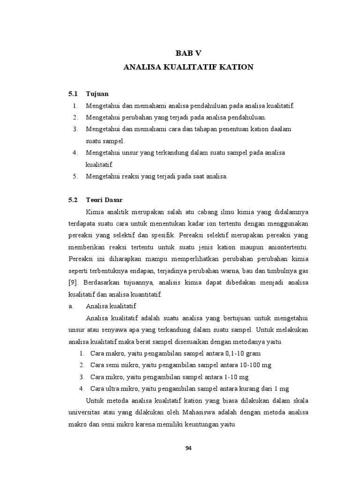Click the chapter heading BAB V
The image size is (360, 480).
click(188, 52)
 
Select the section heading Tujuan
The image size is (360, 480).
click(97, 94)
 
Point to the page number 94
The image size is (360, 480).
click(188, 448)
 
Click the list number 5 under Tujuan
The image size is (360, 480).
click(75, 176)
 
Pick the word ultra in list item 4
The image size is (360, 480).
click(114, 388)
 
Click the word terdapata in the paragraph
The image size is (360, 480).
click(82, 223)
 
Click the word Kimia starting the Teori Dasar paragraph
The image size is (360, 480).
click(95, 211)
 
